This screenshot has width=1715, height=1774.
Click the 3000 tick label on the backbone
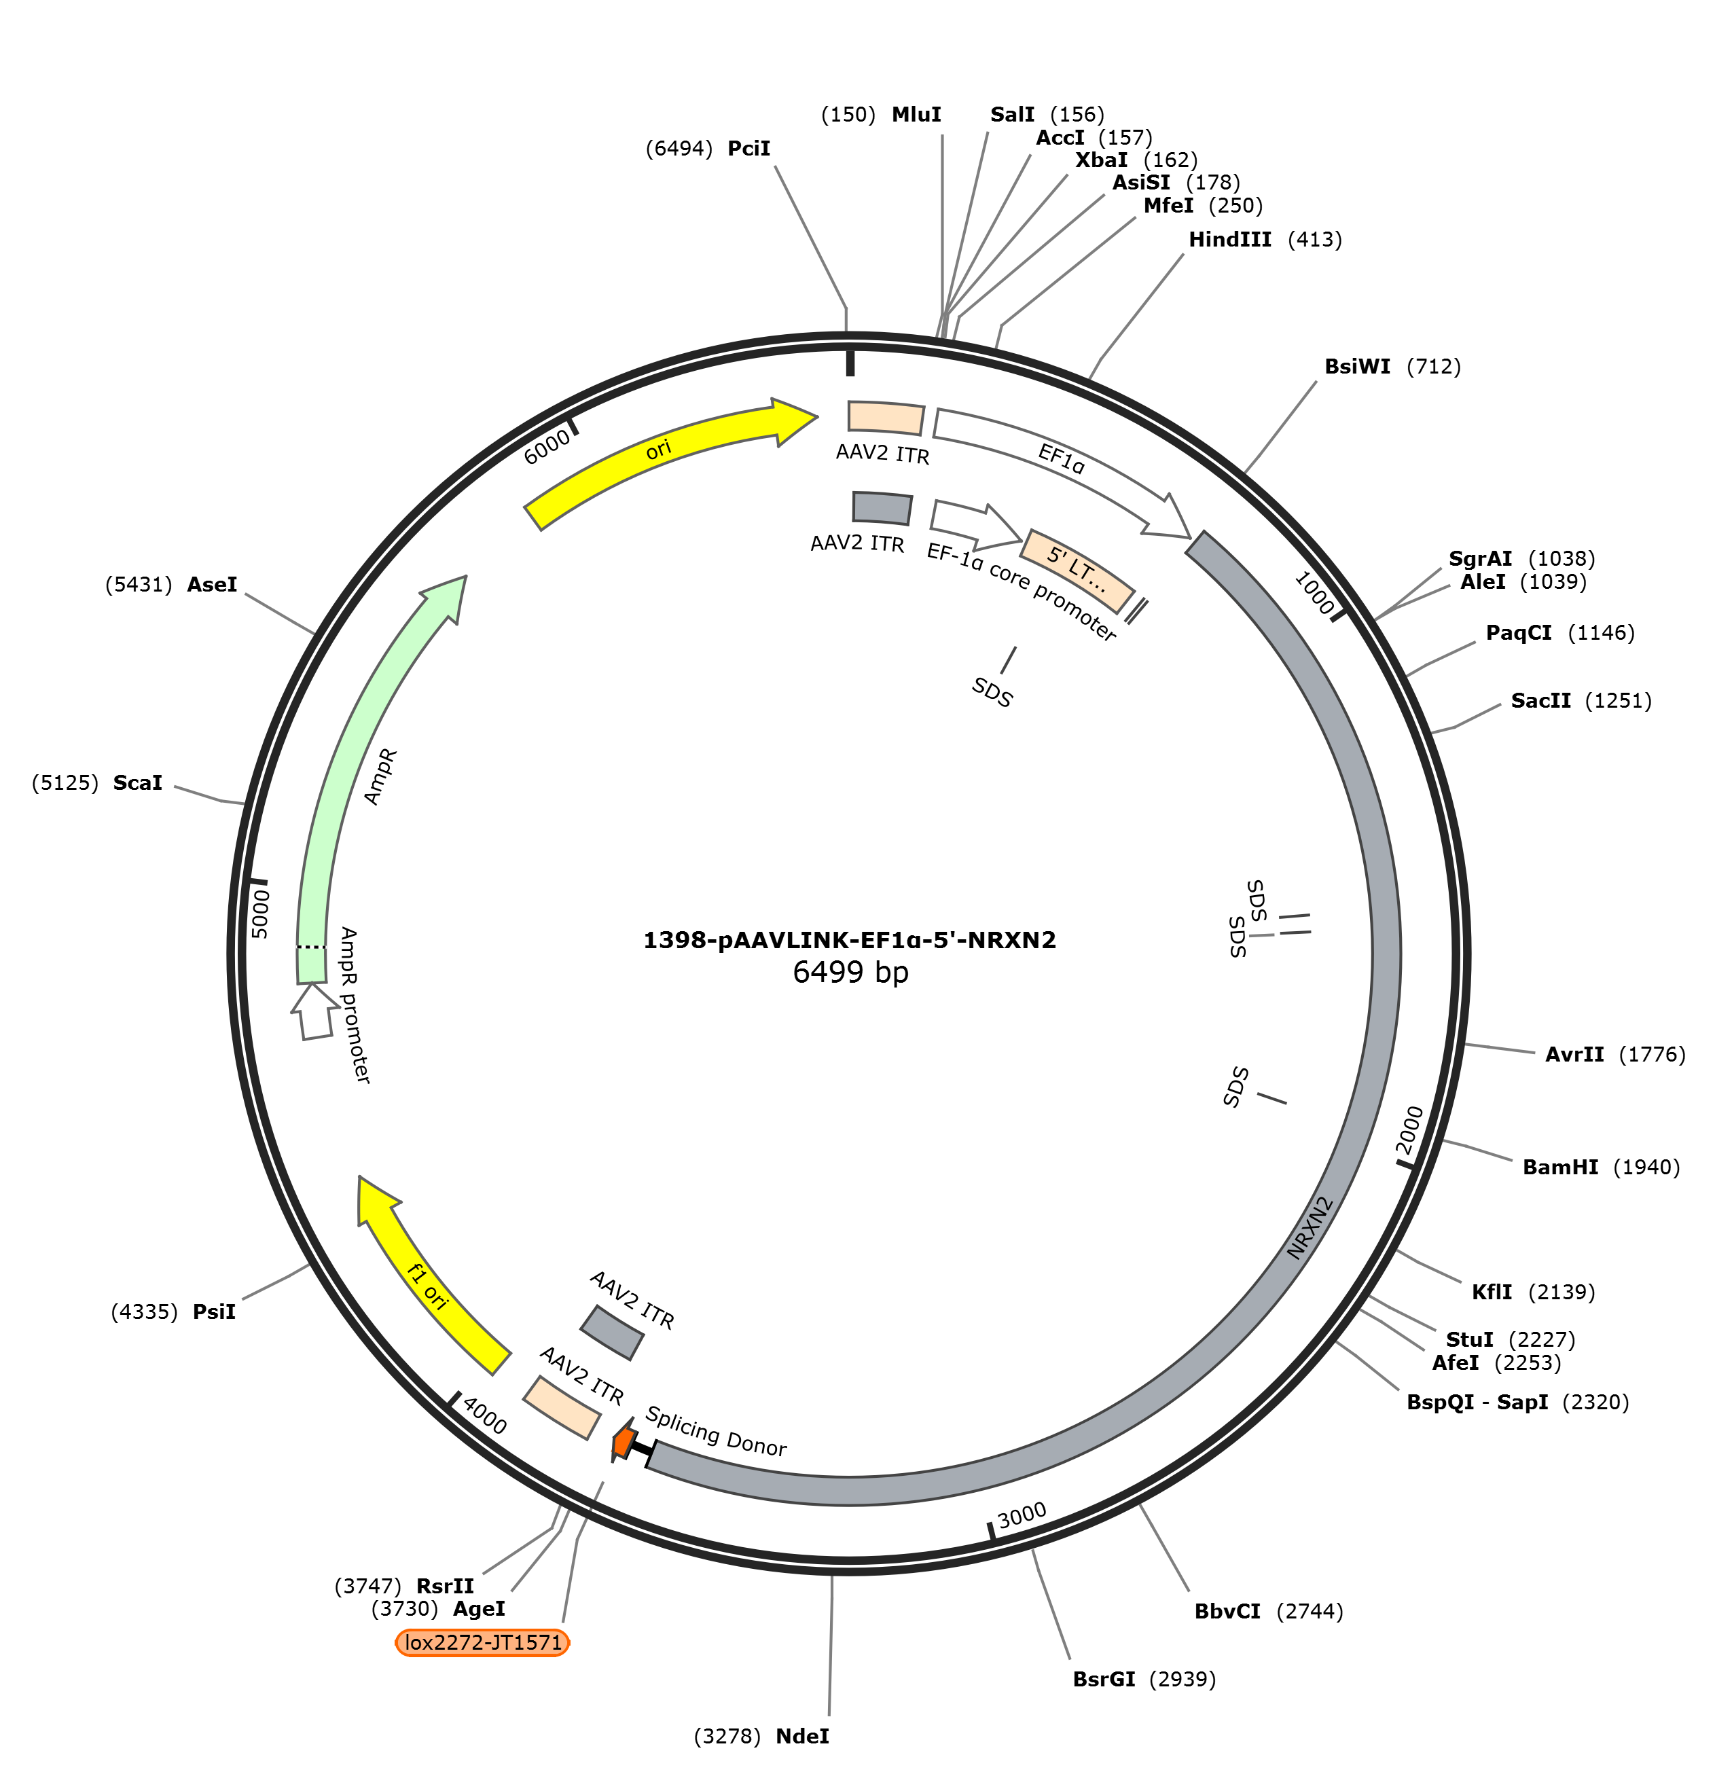tap(1022, 1515)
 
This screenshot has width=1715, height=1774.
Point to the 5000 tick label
tap(259, 914)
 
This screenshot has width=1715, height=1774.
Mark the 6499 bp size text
tap(851, 972)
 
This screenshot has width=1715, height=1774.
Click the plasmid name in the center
tap(850, 941)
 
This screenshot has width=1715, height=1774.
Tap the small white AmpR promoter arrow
tap(314, 1011)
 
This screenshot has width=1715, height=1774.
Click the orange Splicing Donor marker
tap(623, 1441)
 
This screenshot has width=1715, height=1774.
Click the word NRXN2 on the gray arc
tap(1310, 1228)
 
